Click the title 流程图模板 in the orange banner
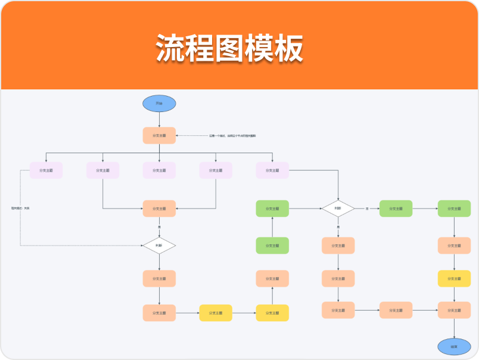(x=229, y=48)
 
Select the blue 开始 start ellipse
(x=159, y=103)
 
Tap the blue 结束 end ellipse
(x=454, y=346)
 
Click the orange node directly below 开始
(x=159, y=135)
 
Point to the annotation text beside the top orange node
(x=232, y=136)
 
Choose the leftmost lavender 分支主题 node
(x=46, y=170)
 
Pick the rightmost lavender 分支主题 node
(x=272, y=170)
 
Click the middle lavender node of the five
(x=159, y=170)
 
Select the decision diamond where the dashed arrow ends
(x=159, y=246)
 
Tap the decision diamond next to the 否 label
(x=338, y=209)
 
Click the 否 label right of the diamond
(x=367, y=209)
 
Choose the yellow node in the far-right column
(x=454, y=278)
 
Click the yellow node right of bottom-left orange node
(x=216, y=313)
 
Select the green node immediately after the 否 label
(x=396, y=209)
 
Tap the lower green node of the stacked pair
(x=272, y=246)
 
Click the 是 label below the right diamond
(x=338, y=227)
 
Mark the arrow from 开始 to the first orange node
(x=159, y=119)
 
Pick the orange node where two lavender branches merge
(x=159, y=209)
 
